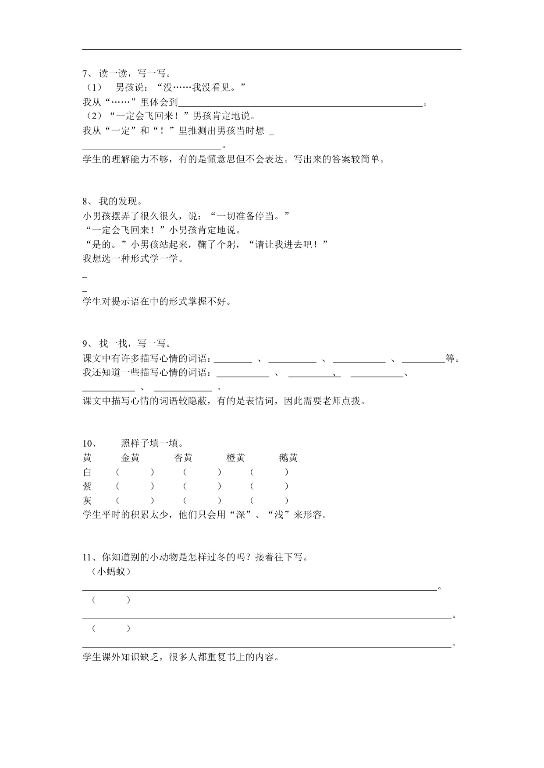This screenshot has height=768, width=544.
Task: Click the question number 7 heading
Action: coord(86,74)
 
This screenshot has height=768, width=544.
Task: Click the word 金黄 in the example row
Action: coord(130,458)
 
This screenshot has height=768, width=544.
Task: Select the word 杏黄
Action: coord(183,458)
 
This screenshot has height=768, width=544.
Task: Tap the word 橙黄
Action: coord(235,458)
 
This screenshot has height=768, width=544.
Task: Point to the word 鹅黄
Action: coord(288,458)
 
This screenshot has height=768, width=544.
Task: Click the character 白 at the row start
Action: coord(87,472)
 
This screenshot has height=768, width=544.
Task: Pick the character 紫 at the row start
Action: coord(87,486)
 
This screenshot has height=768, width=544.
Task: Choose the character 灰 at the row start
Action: coord(87,500)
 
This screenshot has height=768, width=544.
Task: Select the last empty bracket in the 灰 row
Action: coord(269,500)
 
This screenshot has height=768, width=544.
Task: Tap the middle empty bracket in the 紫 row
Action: coord(202,486)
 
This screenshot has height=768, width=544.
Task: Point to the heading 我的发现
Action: coord(120,201)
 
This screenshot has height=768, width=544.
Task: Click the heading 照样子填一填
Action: coord(152,444)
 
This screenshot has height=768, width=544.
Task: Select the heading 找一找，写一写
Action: coord(135,344)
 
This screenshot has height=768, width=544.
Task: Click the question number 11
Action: coord(87,557)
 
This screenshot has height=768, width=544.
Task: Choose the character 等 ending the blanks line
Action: coord(450,359)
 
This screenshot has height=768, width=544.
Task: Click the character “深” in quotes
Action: coord(240,515)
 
